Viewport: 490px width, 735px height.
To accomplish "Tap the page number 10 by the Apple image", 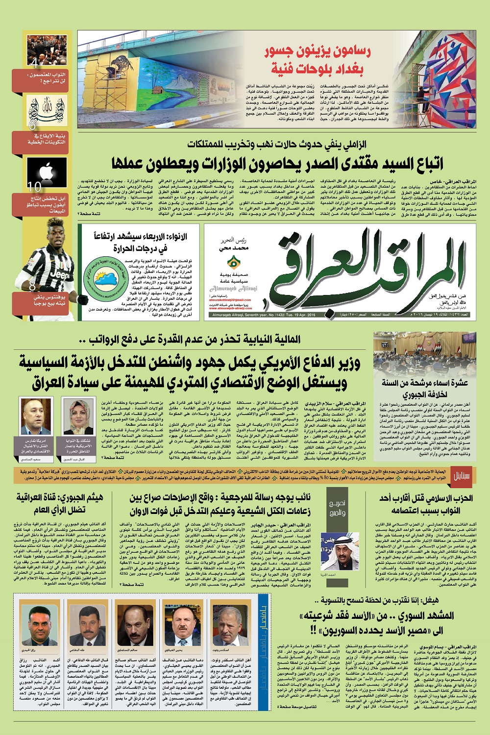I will click(35, 187).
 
